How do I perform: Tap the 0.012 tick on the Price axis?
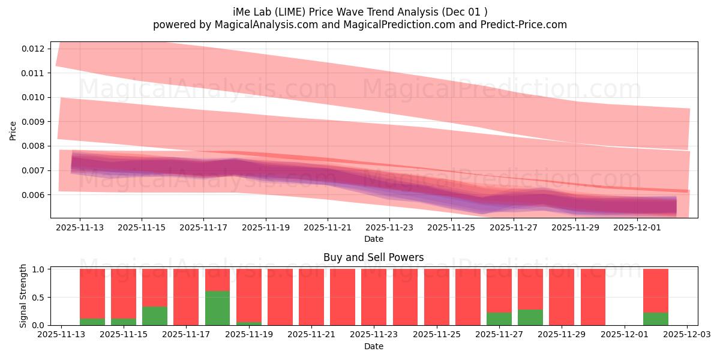[34, 49]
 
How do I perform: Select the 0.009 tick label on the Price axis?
[34, 122]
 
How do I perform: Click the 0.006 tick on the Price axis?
[34, 195]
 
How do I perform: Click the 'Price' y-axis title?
[13, 130]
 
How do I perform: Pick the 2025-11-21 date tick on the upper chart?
[328, 228]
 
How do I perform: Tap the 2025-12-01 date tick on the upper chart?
[637, 228]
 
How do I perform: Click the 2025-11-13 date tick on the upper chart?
[80, 228]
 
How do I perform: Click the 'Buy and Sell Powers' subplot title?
[373, 257]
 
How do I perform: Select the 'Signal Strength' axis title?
[23, 296]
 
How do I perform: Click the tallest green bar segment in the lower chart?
[217, 308]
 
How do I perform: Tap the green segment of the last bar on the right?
[655, 319]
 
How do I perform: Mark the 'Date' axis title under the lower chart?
[373, 346]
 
